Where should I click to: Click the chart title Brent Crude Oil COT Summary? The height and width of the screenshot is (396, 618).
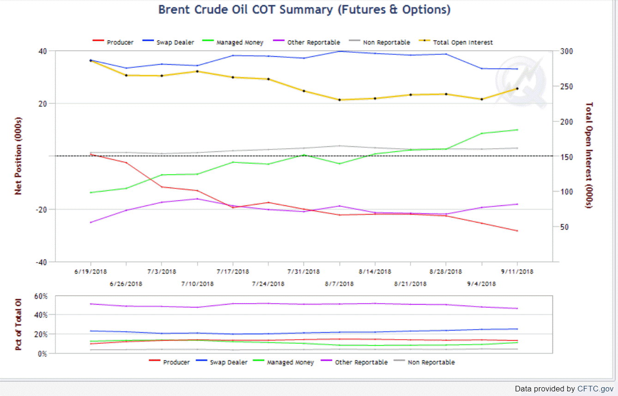(304, 10)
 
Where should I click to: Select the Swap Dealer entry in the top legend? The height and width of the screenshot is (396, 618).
(178, 42)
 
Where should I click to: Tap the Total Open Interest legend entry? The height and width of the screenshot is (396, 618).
(463, 42)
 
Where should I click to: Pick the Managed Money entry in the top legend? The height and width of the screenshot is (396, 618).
(240, 42)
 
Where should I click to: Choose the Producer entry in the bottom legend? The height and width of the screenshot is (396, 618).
(176, 362)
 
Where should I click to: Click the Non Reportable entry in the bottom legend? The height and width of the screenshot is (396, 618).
(431, 362)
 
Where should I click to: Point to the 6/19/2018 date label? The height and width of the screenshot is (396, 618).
(91, 271)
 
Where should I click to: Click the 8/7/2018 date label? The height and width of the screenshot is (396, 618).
(339, 283)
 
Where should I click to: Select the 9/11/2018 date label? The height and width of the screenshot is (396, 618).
(517, 271)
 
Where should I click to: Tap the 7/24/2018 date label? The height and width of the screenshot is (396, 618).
(268, 283)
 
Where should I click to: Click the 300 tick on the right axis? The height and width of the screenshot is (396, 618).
(566, 51)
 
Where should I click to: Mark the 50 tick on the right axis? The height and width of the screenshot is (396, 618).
(564, 227)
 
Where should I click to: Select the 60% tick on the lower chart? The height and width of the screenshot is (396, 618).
(41, 296)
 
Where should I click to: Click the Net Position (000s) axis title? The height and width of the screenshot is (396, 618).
(18, 156)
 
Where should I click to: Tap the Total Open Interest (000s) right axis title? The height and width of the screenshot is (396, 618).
(589, 156)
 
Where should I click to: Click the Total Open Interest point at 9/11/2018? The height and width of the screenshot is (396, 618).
(517, 89)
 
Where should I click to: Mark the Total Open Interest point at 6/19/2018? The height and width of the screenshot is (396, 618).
(91, 60)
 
